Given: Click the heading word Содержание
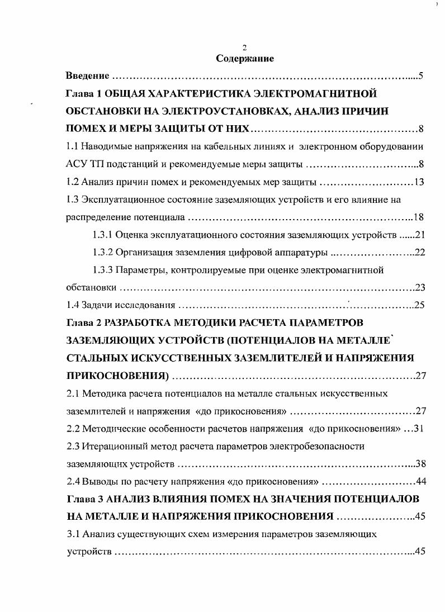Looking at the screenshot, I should [x=244, y=58].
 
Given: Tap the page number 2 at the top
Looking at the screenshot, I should [x=244, y=48].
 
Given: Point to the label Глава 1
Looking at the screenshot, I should [x=82, y=93].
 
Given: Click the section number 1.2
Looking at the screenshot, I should [x=72, y=182].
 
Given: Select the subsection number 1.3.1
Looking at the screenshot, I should [x=103, y=235].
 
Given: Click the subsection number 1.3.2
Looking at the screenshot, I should [x=103, y=253].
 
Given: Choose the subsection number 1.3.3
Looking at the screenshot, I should [x=103, y=271].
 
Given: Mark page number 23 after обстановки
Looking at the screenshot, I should [x=420, y=288].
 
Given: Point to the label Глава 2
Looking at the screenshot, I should [x=82, y=323].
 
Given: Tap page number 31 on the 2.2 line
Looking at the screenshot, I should [x=420, y=429].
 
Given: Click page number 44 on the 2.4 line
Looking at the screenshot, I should [x=420, y=482].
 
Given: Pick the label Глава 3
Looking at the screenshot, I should [x=82, y=499].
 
